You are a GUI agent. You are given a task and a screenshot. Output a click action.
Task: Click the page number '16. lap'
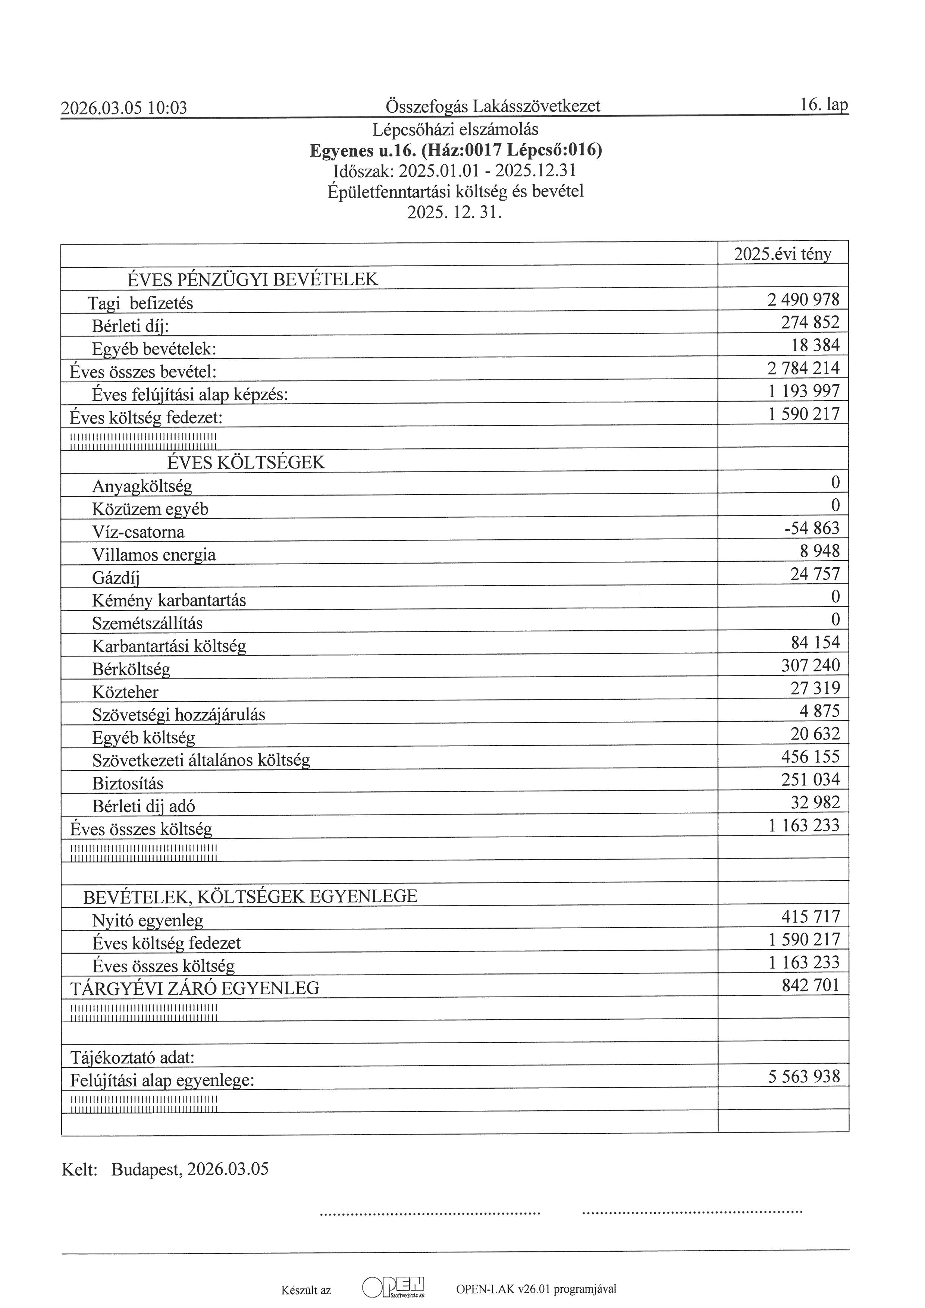(x=824, y=105)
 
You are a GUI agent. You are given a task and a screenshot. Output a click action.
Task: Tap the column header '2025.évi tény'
(x=782, y=254)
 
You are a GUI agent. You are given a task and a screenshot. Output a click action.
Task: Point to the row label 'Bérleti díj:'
(x=131, y=326)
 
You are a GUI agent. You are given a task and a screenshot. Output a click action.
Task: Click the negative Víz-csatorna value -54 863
(x=812, y=528)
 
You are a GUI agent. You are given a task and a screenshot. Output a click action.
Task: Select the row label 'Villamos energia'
(x=154, y=555)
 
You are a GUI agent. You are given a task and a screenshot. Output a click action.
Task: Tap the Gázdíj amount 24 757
(x=815, y=574)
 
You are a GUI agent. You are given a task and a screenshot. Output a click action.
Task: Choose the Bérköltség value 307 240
(x=810, y=665)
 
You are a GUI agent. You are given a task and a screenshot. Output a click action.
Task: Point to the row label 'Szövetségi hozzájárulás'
(x=178, y=715)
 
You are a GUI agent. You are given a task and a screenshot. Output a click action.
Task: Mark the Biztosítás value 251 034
(x=810, y=780)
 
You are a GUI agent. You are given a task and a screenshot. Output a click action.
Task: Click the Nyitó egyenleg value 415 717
(x=810, y=917)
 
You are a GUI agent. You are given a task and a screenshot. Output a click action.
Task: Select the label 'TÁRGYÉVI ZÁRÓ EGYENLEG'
(x=194, y=988)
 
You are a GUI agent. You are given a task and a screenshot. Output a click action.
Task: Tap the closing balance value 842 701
(x=810, y=985)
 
